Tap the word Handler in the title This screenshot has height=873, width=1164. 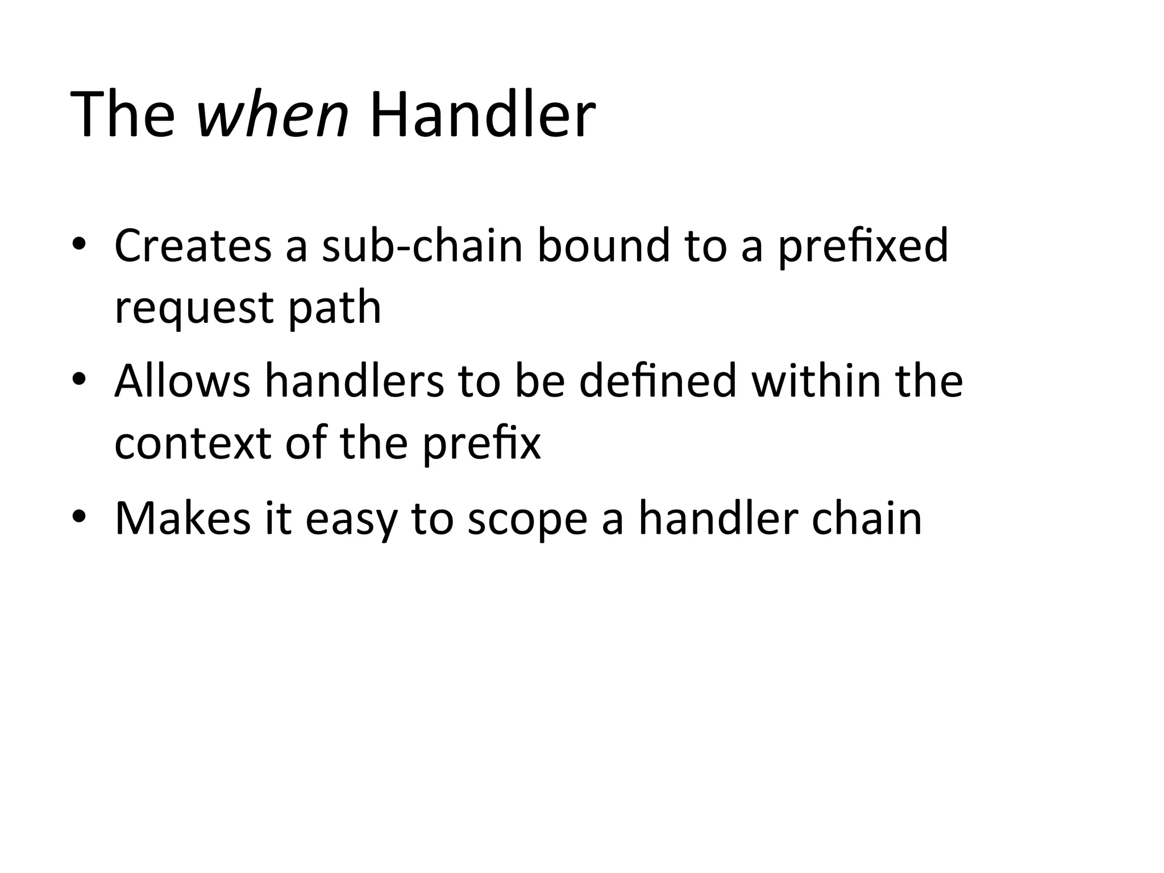click(482, 115)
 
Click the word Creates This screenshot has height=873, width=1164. click(193, 246)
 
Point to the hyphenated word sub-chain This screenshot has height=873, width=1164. click(422, 246)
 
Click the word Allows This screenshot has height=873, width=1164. click(182, 380)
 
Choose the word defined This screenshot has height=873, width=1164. click(658, 380)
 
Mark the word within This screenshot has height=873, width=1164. click(815, 380)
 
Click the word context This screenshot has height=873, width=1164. click(193, 443)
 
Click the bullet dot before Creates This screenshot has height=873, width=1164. click(78, 244)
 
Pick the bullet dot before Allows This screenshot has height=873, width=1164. click(78, 379)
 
